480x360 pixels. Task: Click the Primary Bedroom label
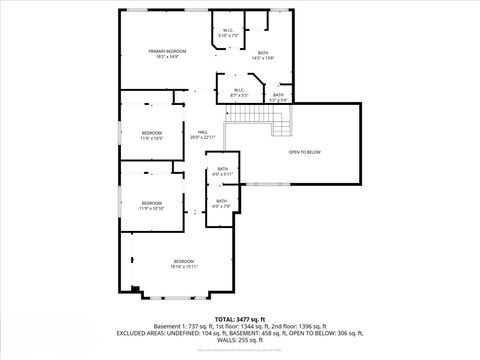pos(168,50)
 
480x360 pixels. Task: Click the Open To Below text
pos(304,152)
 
